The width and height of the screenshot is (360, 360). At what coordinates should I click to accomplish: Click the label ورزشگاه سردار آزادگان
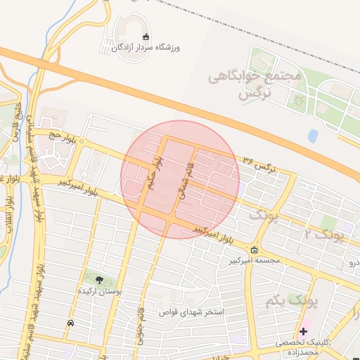tap(146, 47)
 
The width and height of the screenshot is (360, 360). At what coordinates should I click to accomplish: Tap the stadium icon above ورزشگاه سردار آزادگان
tap(146, 37)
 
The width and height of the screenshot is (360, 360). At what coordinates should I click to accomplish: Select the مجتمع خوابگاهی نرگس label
tap(254, 84)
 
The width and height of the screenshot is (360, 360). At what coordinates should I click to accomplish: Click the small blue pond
tap(312, 136)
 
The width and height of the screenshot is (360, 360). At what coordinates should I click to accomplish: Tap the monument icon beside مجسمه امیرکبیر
tap(254, 250)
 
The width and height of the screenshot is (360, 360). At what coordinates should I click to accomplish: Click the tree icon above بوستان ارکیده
tap(98, 279)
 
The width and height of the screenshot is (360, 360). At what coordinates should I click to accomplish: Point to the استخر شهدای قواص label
tap(192, 311)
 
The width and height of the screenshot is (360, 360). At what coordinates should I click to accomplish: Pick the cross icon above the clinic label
tap(303, 330)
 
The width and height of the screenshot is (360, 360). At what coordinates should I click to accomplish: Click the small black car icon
tap(70, 323)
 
